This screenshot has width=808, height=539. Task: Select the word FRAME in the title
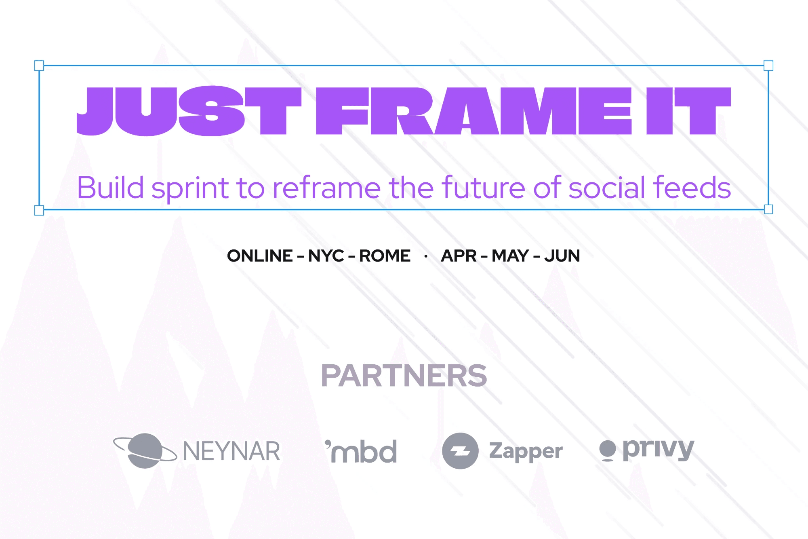473,111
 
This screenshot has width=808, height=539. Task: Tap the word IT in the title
689,111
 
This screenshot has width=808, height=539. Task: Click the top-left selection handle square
39,66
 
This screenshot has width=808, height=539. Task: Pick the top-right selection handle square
768,66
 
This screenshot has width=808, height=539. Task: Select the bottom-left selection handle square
39,210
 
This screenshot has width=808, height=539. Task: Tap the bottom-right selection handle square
768,209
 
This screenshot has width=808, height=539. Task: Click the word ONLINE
260,256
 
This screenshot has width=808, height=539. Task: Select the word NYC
326,256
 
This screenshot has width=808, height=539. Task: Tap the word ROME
385,256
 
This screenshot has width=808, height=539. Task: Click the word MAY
510,256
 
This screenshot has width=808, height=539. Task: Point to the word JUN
562,256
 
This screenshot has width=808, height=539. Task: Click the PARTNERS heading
404,376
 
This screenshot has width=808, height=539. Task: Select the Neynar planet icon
145,450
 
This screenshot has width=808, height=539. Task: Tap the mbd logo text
361,451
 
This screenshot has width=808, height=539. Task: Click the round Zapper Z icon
460,451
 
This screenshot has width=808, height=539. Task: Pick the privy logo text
659,450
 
